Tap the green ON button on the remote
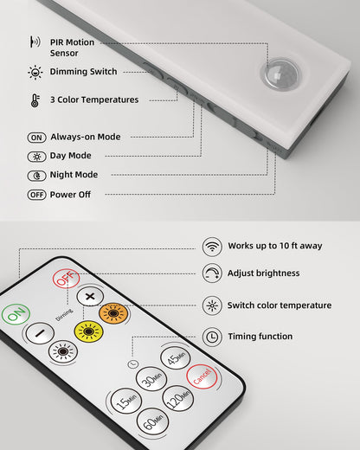pyautogui.click(x=15, y=315)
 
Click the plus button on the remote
pyautogui.click(x=89, y=296)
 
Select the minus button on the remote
pyautogui.click(x=38, y=332)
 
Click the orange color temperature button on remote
pyautogui.click(x=113, y=313)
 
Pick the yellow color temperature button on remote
pyautogui.click(x=87, y=331)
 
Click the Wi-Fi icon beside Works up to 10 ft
pyautogui.click(x=211, y=246)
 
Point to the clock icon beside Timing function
pyautogui.click(x=211, y=336)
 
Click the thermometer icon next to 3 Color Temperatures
pyautogui.click(x=35, y=100)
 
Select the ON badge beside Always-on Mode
pyautogui.click(x=36, y=137)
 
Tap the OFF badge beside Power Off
pyautogui.click(x=36, y=195)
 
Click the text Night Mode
pyautogui.click(x=74, y=175)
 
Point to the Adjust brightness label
pyautogui.click(x=263, y=273)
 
